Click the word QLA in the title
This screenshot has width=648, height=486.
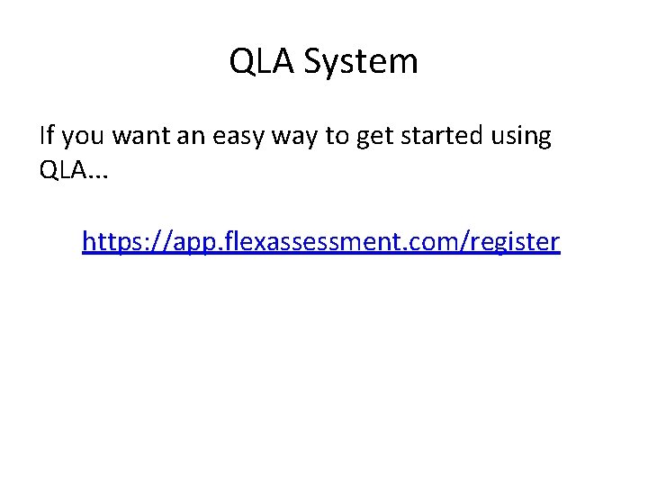click(262, 62)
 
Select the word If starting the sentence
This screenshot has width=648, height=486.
click(47, 136)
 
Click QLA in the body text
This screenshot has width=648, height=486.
click(62, 170)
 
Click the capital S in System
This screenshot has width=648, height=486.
click(311, 62)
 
